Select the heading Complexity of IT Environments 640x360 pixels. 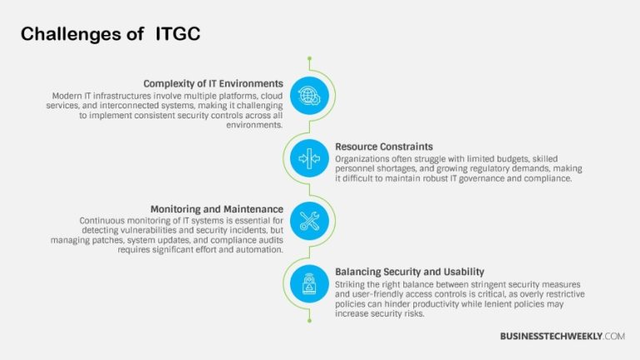coord(213,83)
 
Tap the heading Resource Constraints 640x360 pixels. coord(384,147)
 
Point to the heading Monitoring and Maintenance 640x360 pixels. coord(217,209)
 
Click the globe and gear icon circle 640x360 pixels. coord(309,95)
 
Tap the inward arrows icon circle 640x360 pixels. coord(309,157)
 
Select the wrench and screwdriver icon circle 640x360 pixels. coord(309,221)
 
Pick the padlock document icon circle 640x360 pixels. coord(309,283)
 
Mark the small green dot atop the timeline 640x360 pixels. coord(309,58)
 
